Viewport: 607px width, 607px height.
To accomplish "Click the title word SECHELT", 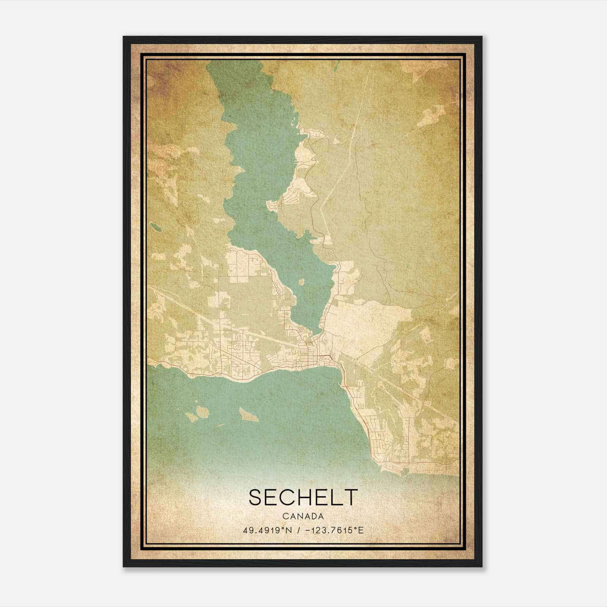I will click(303, 497).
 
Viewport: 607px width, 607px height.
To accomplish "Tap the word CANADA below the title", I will click(303, 516).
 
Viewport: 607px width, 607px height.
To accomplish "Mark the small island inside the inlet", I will click(302, 282).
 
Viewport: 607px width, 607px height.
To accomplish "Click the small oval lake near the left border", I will click(155, 227).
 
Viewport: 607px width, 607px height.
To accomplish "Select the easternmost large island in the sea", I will click(249, 415).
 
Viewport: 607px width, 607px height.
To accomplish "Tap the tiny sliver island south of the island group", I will click(219, 426).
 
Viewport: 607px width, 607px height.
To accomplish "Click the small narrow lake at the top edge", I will click(335, 65).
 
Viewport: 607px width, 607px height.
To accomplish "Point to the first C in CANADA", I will click(285, 516).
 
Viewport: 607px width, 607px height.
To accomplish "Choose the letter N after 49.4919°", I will click(289, 530).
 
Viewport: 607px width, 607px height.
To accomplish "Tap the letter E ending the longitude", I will click(361, 530).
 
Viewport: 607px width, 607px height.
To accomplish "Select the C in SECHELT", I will click(288, 497).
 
